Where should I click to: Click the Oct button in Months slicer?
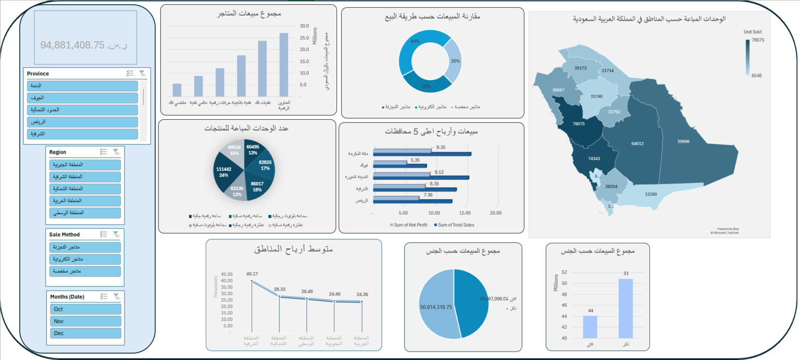pyautogui.click(x=85, y=309)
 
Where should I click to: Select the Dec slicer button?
pyautogui.click(x=85, y=333)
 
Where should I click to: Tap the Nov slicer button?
pyautogui.click(x=85, y=321)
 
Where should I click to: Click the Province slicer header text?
pyautogui.click(x=38, y=73)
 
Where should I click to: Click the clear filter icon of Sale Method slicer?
pyautogui.click(x=117, y=234)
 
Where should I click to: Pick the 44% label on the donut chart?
pyautogui.click(x=415, y=41)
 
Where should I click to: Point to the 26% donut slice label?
pyautogui.click(x=455, y=61)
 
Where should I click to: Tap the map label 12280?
pyautogui.click(x=651, y=194)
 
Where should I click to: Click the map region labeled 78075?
pyautogui.click(x=579, y=124)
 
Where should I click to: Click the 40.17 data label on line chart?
pyautogui.click(x=252, y=274)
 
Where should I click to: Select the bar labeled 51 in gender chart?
pyautogui.click(x=626, y=308)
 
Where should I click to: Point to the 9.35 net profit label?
pyautogui.click(x=441, y=147)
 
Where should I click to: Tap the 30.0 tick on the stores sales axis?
pyautogui.click(x=304, y=26)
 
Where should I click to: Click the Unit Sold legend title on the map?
pyautogui.click(x=752, y=32)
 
